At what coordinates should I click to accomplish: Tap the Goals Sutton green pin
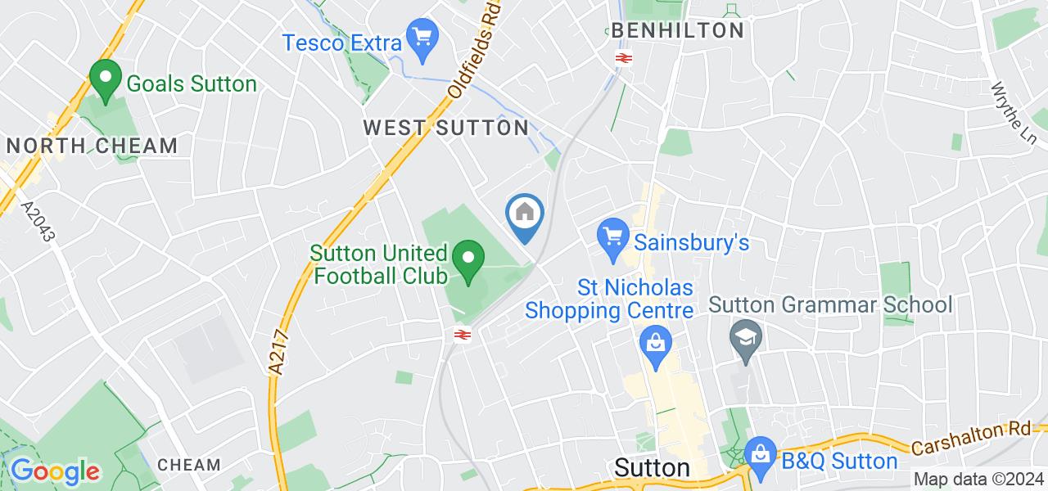pyautogui.click(x=105, y=82)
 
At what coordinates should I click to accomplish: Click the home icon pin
pyautogui.click(x=525, y=216)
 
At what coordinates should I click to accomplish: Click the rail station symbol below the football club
pyautogui.click(x=462, y=334)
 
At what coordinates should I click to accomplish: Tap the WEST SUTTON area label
pyautogui.click(x=446, y=128)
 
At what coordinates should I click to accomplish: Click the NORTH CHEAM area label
pyautogui.click(x=92, y=146)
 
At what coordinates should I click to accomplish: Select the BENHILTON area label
pyautogui.click(x=677, y=31)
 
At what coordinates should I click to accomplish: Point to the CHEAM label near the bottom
pyautogui.click(x=189, y=465)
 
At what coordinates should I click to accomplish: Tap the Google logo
pyautogui.click(x=54, y=471)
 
